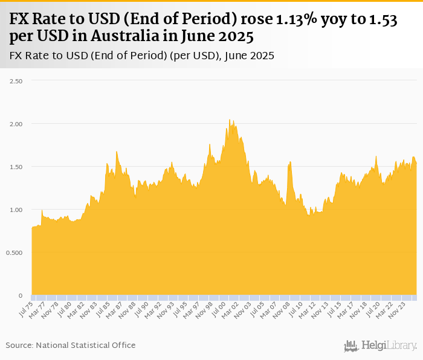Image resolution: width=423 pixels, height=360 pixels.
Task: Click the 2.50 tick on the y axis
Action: point(14,80)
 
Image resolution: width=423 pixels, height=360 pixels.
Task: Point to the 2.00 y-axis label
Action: point(14,123)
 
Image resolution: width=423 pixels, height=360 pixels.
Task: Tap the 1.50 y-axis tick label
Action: point(14,167)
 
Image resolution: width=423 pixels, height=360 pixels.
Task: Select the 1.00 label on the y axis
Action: point(14,210)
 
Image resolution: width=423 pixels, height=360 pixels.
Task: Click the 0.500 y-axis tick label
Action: point(13,252)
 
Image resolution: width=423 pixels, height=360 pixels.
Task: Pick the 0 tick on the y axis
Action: point(21,295)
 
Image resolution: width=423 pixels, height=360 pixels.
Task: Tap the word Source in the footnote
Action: point(19,345)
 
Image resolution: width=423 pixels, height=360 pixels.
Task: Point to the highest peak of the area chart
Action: point(230,120)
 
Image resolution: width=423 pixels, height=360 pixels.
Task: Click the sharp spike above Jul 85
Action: point(116,152)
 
